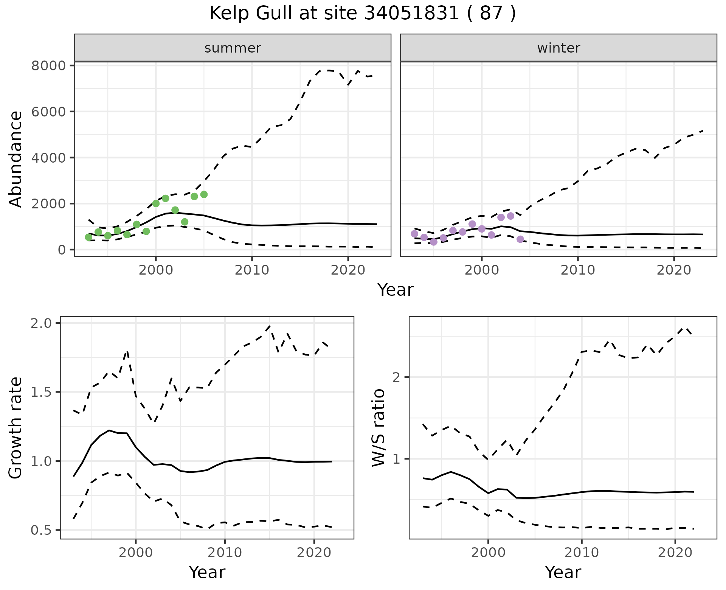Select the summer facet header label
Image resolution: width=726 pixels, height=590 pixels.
[233, 48]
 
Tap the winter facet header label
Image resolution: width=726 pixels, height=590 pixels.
[558, 48]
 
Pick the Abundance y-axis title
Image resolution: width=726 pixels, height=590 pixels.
[16, 159]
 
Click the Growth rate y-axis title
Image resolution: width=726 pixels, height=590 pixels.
[16, 428]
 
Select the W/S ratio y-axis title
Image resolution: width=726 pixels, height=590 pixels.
[378, 428]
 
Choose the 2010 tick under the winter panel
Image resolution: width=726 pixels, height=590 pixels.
[577, 270]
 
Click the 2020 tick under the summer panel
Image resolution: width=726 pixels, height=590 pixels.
[347, 270]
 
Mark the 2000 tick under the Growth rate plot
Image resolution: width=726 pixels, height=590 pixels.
[136, 553]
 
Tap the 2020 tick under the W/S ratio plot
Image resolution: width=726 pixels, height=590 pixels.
[675, 553]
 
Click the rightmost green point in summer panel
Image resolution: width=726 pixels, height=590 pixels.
[204, 194]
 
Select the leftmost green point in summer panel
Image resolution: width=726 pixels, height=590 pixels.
[88, 237]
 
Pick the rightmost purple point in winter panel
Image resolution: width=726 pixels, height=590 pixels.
[520, 239]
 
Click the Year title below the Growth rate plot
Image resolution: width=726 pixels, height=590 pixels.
[207, 572]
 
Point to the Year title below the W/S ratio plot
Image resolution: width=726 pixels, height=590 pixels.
[563, 572]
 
